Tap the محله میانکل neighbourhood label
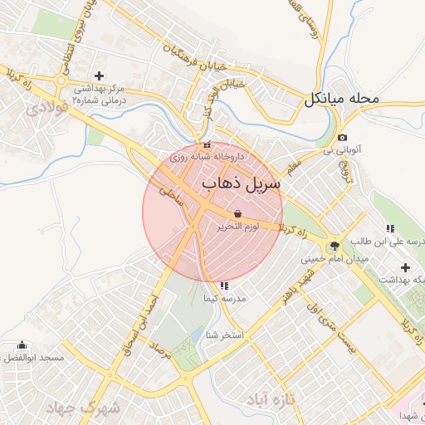341,99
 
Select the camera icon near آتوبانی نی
342,137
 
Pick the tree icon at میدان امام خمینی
335,246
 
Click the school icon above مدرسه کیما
224,286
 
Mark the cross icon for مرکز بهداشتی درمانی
100,76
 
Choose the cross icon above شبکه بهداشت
405,267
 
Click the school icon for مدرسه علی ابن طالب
389,228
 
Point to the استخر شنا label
225,335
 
